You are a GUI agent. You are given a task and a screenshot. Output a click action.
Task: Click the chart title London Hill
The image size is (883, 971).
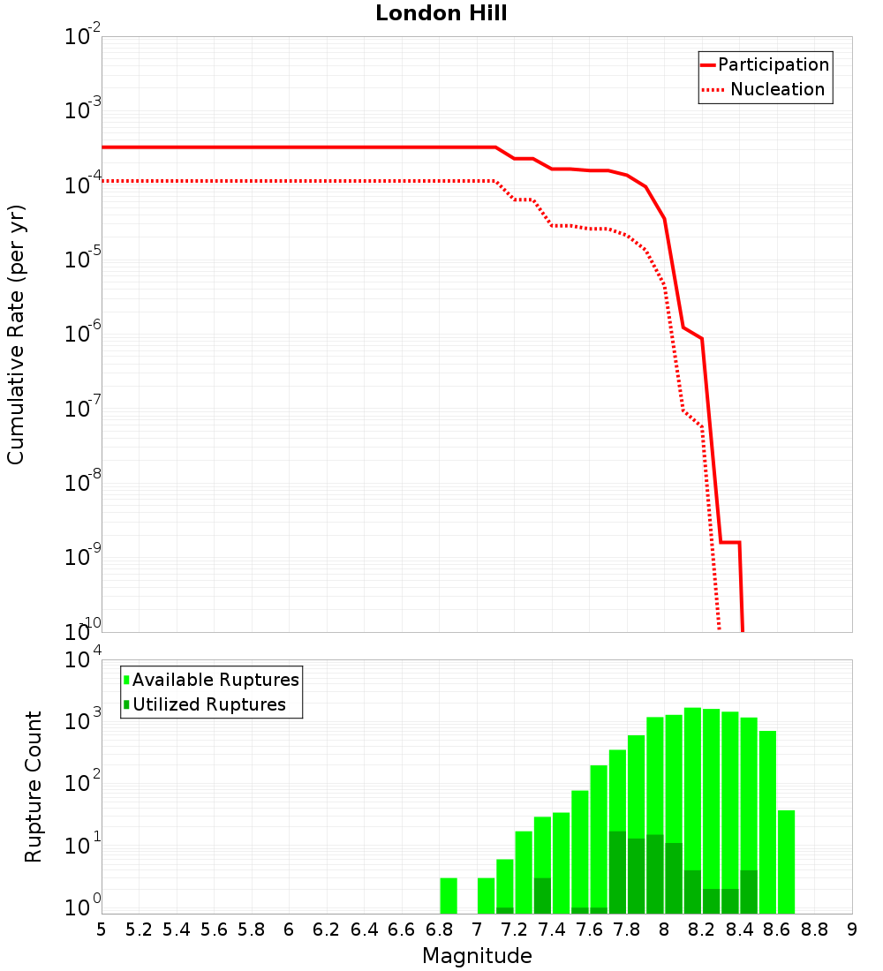click(x=441, y=13)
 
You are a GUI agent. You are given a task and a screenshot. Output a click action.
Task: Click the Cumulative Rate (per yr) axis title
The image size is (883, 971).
click(x=16, y=335)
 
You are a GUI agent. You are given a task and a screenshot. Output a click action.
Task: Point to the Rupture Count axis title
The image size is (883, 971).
click(x=34, y=787)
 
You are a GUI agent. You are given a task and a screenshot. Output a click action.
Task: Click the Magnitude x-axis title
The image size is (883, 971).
click(x=477, y=956)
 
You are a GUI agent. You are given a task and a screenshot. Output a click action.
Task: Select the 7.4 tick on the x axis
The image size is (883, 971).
click(x=551, y=929)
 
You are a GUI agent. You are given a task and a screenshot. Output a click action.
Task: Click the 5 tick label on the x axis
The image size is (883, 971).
click(x=101, y=929)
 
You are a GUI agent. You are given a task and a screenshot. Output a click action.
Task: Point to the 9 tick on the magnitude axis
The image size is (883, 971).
click(x=851, y=929)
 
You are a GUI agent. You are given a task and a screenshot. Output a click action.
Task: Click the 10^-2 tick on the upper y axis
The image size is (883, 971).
click(x=82, y=37)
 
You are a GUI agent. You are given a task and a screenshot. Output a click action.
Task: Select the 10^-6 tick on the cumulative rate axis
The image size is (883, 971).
click(x=82, y=335)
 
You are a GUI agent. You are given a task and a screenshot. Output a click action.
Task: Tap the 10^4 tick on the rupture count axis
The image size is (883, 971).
click(x=82, y=660)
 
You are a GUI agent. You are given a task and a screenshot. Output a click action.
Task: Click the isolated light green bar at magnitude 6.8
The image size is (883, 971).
click(x=448, y=895)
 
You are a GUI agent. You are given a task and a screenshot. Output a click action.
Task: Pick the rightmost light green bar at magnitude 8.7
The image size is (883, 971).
click(x=786, y=862)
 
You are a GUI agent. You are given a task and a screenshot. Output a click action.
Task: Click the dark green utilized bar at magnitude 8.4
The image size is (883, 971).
click(x=749, y=892)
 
